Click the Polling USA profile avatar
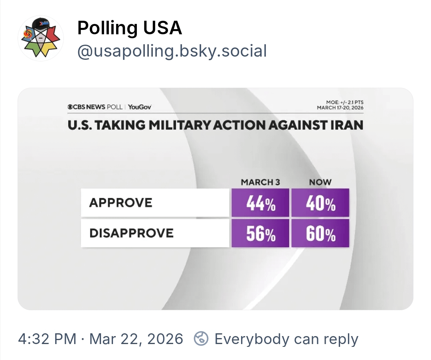[x=41, y=39]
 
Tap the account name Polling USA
[x=129, y=28]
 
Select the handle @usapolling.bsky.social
[x=172, y=51]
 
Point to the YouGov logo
[x=140, y=107]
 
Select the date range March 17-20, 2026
[x=340, y=108]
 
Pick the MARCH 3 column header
[x=260, y=182]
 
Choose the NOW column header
[x=320, y=182]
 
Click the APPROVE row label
[x=121, y=203]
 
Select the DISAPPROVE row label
[x=131, y=233]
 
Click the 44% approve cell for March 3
[x=261, y=203]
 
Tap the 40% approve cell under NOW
[x=320, y=203]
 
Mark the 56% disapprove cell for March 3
[x=261, y=233]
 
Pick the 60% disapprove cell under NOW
[x=320, y=233]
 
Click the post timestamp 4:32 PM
[x=47, y=339]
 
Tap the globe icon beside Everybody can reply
[x=201, y=339]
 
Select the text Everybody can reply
[x=286, y=339]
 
